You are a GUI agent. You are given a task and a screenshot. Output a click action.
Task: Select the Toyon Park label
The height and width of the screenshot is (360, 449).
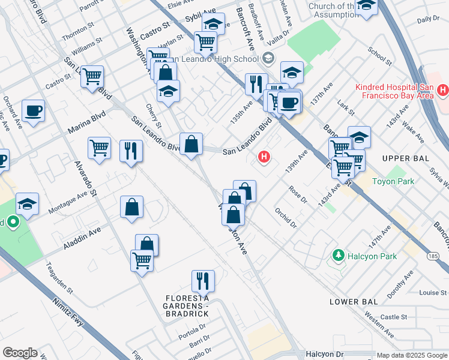click(x=393, y=181)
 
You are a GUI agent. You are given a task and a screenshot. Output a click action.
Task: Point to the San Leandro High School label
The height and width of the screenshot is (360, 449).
click(x=216, y=59)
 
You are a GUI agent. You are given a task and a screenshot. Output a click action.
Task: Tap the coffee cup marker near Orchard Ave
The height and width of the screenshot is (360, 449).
click(x=33, y=111)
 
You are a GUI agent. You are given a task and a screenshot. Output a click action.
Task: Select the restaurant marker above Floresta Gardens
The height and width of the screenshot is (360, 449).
click(x=203, y=281)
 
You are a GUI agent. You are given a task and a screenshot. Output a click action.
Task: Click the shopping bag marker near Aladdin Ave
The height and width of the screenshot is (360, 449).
click(x=131, y=208)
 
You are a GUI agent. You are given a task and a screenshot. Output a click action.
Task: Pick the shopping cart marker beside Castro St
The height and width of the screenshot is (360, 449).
click(x=92, y=77)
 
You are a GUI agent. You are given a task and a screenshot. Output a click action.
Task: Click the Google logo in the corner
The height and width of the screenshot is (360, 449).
click(x=20, y=353)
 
